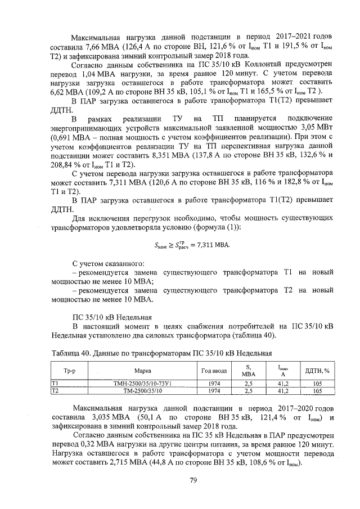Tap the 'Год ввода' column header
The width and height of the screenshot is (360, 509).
pos(214,371)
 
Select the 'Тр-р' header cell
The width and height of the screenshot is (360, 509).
pos(69,371)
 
